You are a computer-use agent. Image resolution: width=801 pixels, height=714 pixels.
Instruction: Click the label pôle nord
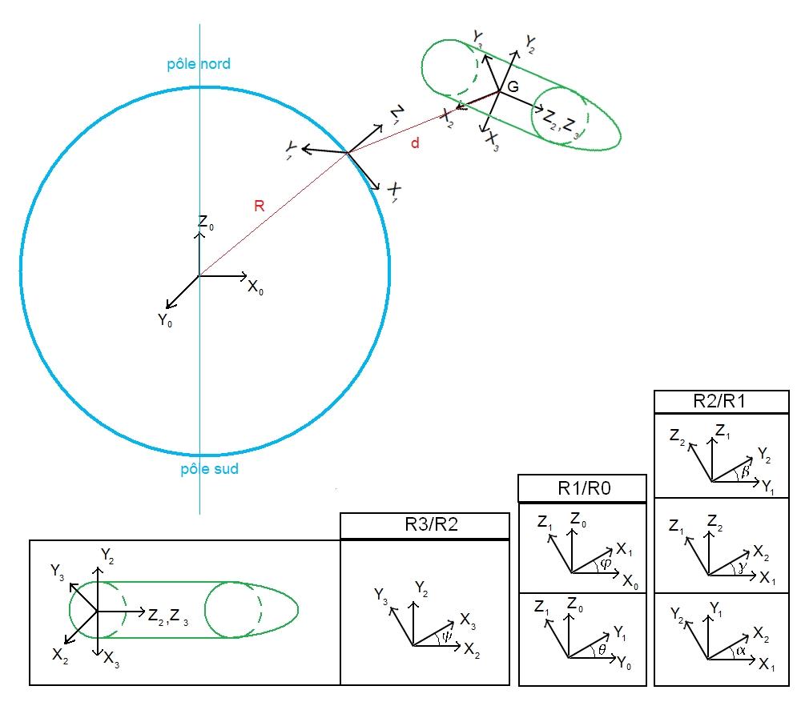(x=198, y=63)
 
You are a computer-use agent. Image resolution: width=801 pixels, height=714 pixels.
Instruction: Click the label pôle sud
(x=209, y=469)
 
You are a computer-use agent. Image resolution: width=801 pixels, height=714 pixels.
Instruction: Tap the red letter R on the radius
(x=259, y=207)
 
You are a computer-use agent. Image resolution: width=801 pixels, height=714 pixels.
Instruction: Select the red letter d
(x=415, y=143)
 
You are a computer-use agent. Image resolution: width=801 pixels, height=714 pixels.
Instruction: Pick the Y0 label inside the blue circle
(x=165, y=321)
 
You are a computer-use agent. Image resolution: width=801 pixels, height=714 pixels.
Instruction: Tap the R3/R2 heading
(x=425, y=526)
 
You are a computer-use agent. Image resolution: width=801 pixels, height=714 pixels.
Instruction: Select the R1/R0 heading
(x=582, y=488)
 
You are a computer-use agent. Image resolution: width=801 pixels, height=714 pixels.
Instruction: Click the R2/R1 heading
(x=718, y=401)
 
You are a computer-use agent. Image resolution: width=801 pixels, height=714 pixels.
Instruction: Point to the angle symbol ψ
(x=445, y=638)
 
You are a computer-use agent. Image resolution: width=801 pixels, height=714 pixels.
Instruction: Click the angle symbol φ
(x=605, y=564)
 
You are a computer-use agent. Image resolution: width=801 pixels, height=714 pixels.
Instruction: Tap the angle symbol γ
(x=738, y=565)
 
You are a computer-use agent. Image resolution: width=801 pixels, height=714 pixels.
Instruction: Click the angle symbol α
(x=740, y=651)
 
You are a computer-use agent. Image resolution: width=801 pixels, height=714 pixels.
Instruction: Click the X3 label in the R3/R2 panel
(x=470, y=620)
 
